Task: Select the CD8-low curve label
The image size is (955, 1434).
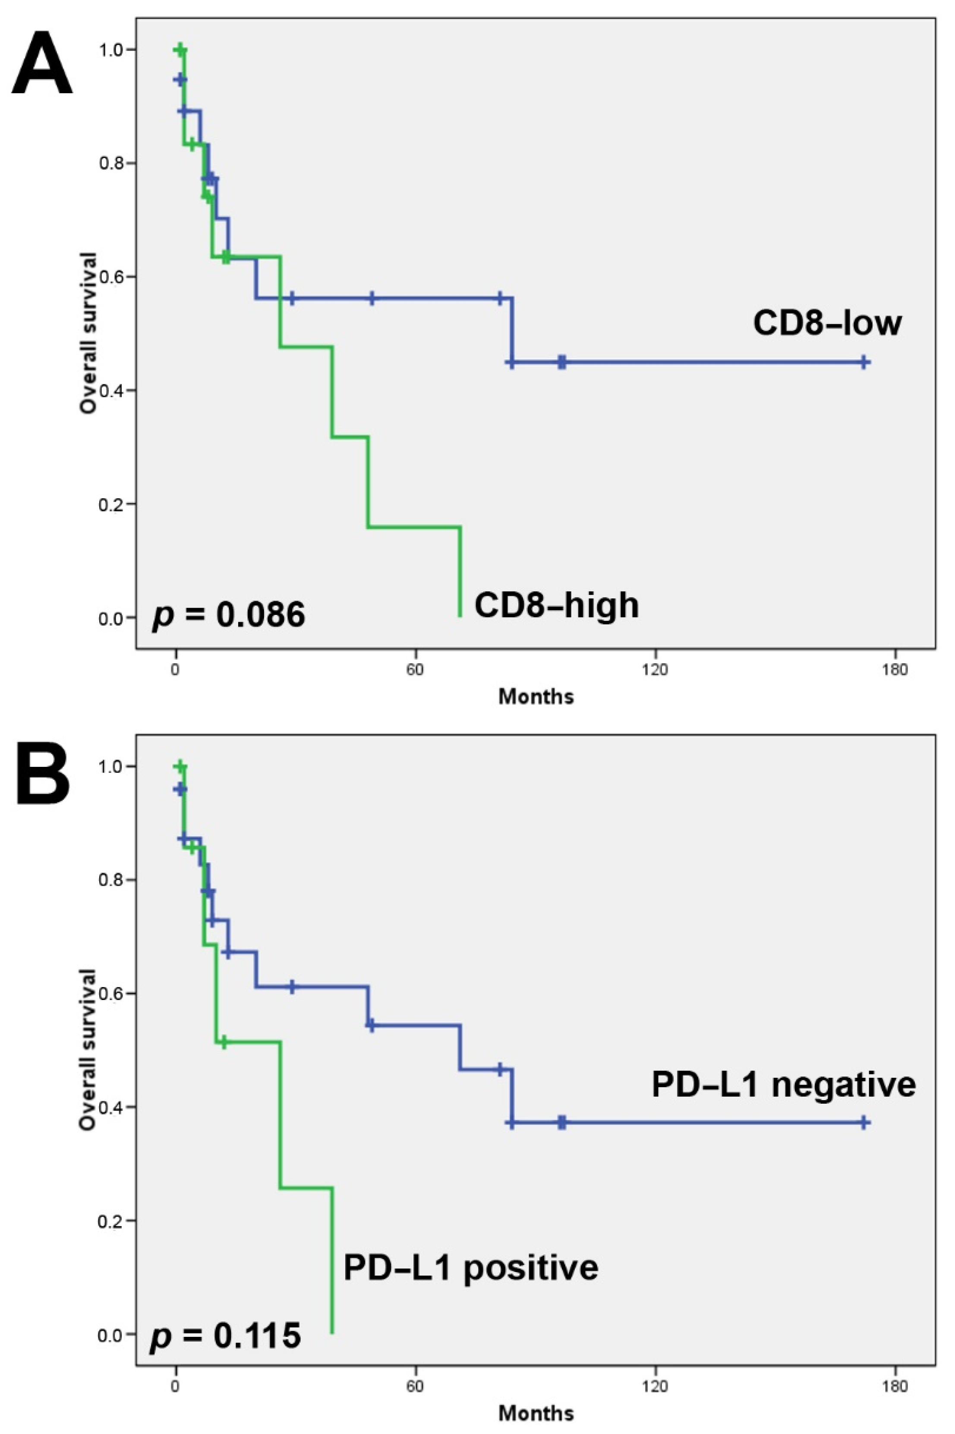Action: point(826,323)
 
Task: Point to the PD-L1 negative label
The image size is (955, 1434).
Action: point(783,1084)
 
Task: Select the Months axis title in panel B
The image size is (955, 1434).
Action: point(536,1413)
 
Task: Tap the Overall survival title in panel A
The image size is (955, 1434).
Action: point(89,333)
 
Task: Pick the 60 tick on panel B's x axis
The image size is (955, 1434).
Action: point(416,1387)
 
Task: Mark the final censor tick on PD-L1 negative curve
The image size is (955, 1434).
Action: point(864,1123)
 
